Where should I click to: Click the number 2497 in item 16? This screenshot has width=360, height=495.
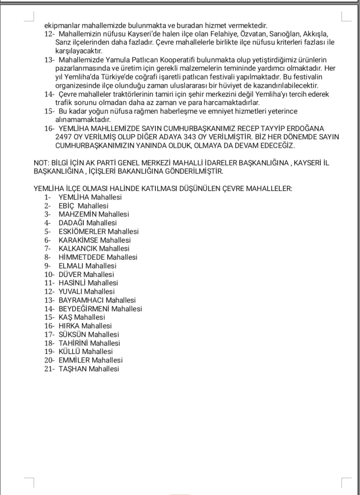click(x=65, y=137)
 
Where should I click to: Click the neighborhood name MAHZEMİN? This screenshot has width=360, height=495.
click(x=77, y=214)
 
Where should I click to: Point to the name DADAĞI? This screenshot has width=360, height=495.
click(x=72, y=223)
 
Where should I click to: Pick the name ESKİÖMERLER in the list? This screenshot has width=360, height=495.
click(x=82, y=231)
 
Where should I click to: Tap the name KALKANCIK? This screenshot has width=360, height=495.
click(x=78, y=248)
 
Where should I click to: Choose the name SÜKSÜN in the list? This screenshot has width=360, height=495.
click(x=72, y=334)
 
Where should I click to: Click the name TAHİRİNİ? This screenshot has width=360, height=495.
click(x=73, y=343)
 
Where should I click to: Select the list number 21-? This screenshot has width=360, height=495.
click(x=49, y=369)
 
